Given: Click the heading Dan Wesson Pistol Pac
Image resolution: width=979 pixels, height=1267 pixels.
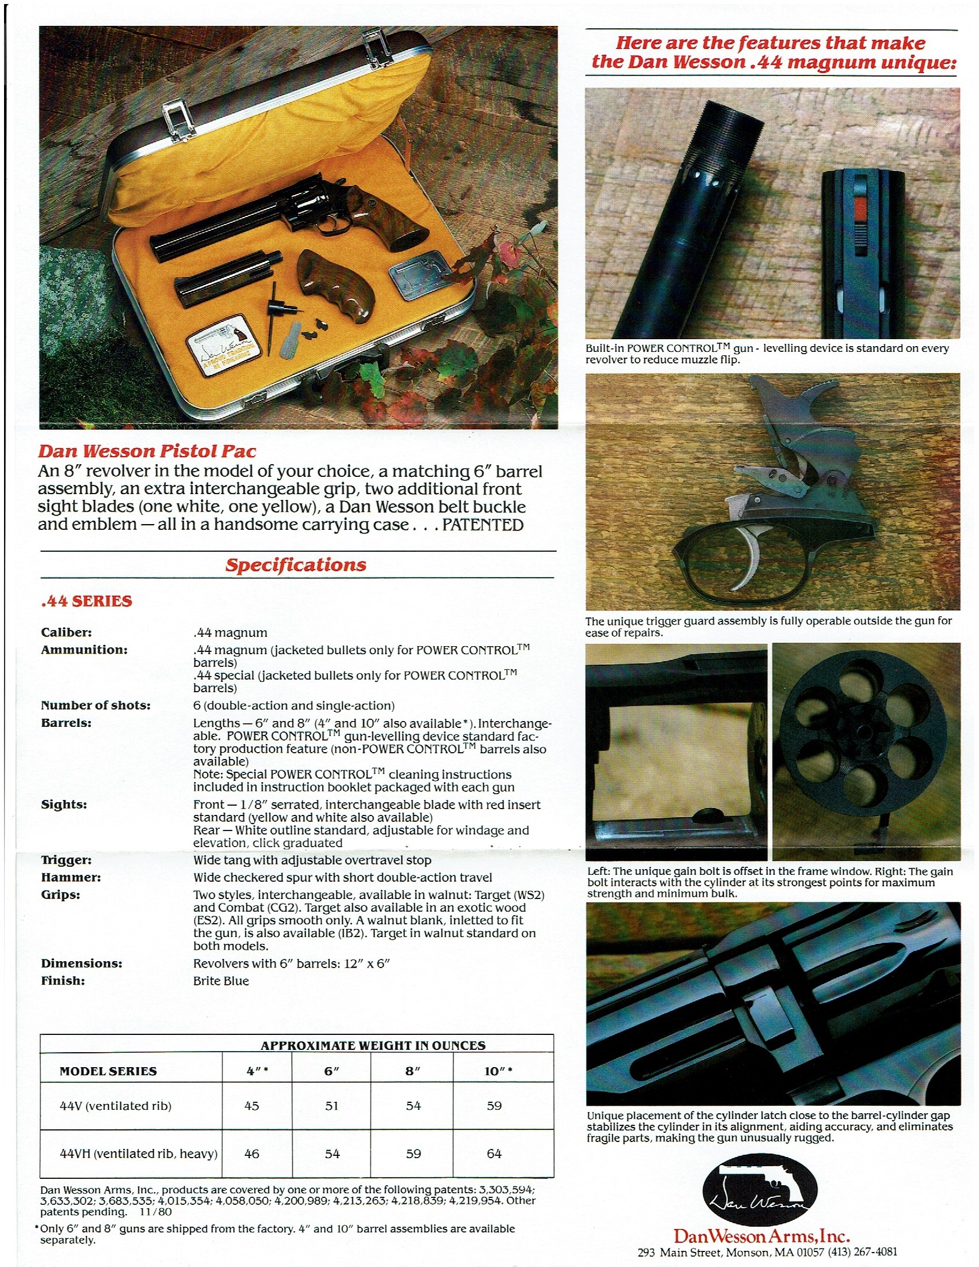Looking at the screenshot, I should click(147, 451).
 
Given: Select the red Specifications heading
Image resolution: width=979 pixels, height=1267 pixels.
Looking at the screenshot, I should click(296, 564).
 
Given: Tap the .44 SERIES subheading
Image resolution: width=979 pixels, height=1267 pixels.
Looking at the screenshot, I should click(86, 601).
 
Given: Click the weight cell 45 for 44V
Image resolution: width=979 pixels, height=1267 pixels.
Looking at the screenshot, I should click(252, 1106).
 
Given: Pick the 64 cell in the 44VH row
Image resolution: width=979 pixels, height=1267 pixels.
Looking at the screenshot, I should click(494, 1154).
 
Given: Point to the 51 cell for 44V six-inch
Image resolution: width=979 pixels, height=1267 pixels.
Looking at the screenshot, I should click(332, 1106).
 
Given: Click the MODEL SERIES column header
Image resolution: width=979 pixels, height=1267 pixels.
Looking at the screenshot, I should click(108, 1072).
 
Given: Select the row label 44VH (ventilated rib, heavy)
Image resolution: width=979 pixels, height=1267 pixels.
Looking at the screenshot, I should click(139, 1154).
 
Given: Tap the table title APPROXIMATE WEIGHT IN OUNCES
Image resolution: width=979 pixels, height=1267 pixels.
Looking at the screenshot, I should click(373, 1046).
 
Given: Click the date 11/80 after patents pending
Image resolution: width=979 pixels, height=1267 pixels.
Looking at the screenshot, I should click(156, 1212).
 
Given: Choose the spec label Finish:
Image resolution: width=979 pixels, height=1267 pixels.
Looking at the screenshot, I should click(63, 980).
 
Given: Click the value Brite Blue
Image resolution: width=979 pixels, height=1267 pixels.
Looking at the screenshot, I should click(221, 981).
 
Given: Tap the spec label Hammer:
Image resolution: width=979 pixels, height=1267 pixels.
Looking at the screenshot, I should click(71, 877).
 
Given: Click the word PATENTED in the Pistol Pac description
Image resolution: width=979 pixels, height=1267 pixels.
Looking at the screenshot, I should click(483, 525).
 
